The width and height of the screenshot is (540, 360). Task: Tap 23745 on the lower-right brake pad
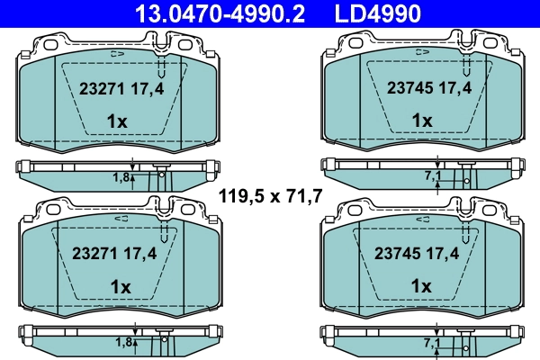(x=407, y=255)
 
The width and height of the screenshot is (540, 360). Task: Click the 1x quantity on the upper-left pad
(x=118, y=121)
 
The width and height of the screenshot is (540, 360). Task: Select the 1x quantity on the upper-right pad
(x=421, y=121)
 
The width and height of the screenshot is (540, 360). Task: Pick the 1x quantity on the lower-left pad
(x=118, y=285)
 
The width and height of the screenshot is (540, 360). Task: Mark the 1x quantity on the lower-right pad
(x=421, y=285)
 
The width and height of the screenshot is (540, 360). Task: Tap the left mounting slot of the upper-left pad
(x=49, y=43)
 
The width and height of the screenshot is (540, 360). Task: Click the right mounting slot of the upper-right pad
(x=490, y=43)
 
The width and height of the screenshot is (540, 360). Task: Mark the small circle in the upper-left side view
(x=162, y=175)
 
